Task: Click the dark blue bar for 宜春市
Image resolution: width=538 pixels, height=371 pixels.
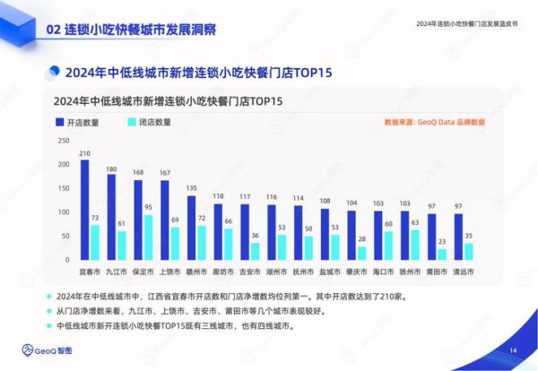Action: click(x=84, y=212)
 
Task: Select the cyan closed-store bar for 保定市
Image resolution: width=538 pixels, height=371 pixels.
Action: click(x=149, y=238)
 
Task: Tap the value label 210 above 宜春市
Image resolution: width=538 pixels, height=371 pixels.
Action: click(x=84, y=153)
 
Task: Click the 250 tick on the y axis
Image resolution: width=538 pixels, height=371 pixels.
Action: click(x=62, y=140)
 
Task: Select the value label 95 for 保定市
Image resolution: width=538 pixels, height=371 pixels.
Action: click(x=149, y=207)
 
